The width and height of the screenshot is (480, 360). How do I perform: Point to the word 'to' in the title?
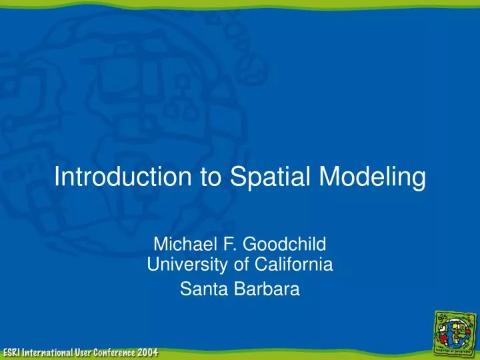(x=209, y=178)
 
